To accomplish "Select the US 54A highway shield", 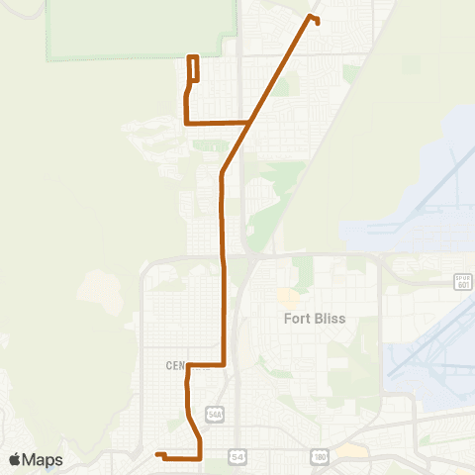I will coord(214,412).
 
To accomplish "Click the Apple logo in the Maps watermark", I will coord(16,460).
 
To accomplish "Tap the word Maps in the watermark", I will coord(44,460).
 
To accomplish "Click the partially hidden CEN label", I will coord(174,365).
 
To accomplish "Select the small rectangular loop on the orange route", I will coord(194,68).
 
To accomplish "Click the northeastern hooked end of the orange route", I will coord(316,20).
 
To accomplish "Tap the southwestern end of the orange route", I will coord(157,454).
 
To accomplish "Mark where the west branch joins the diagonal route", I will coord(249,123).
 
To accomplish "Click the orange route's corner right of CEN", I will coord(225,364).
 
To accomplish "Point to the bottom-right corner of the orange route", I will coord(201,458).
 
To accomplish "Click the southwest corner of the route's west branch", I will coord(186,123).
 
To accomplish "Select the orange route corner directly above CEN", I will coord(188,365).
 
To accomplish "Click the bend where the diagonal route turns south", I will coord(222,173).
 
